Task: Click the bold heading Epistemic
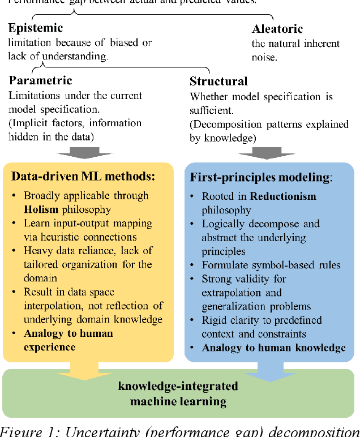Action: tap(35, 28)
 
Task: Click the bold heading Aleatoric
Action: tap(277, 28)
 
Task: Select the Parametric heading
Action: tap(40, 81)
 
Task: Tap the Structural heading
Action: tap(218, 82)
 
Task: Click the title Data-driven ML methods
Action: tap(83, 176)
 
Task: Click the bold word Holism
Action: tap(41, 209)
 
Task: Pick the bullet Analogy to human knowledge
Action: tap(274, 347)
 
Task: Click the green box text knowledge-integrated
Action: tap(178, 387)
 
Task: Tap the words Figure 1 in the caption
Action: tap(28, 430)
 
